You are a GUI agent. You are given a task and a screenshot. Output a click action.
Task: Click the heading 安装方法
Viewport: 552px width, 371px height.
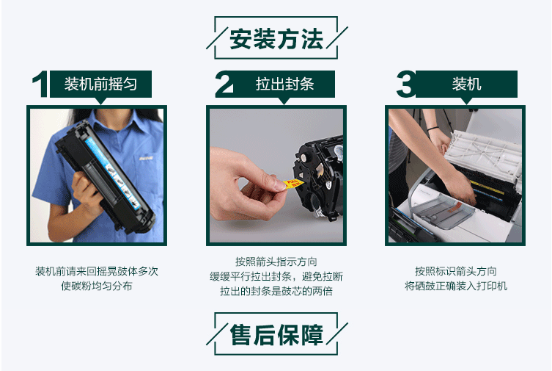click(x=276, y=38)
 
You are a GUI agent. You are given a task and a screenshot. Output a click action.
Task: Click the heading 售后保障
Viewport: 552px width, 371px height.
click(x=276, y=335)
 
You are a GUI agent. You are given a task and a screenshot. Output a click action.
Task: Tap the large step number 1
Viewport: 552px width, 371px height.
click(x=40, y=84)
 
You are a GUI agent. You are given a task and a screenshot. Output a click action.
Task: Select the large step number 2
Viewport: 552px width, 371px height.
click(x=224, y=84)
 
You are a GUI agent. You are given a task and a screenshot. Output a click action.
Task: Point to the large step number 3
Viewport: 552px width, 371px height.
click(x=406, y=84)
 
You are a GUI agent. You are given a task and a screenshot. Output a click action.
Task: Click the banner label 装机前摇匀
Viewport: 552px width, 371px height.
click(x=100, y=84)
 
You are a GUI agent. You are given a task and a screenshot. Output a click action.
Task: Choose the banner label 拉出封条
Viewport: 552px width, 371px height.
click(x=285, y=84)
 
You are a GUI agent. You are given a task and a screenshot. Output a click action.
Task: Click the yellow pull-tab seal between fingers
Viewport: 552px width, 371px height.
click(x=294, y=184)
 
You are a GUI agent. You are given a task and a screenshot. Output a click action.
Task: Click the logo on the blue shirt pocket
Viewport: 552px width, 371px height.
click(x=146, y=159)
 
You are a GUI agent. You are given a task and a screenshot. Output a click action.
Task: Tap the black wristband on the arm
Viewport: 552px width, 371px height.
click(x=434, y=129)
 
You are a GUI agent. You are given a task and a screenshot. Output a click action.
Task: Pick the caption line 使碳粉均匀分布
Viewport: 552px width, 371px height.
click(x=97, y=286)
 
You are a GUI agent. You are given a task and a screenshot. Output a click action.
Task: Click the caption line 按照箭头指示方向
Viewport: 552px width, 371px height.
click(x=276, y=262)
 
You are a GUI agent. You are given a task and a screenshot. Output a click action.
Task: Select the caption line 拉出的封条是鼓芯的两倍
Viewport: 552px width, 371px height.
click(x=276, y=291)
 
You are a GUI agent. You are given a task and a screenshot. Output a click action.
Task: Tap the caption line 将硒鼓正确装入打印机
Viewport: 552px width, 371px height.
click(x=456, y=286)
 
